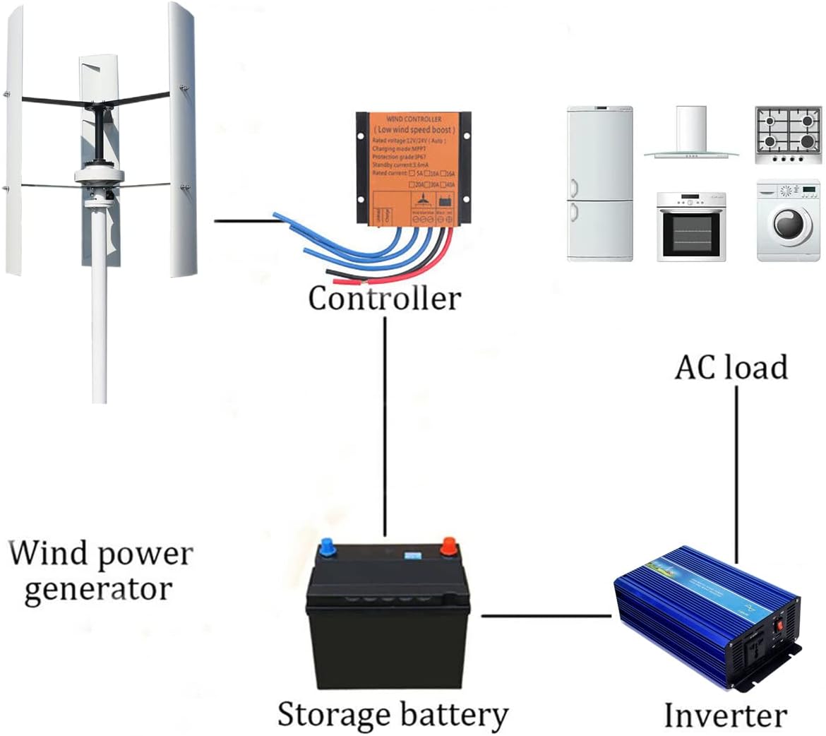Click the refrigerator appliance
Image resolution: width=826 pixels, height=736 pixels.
600,184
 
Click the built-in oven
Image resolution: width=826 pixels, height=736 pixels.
691,226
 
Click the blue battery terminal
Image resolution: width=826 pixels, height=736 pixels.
328,547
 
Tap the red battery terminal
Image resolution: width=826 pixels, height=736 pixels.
448,545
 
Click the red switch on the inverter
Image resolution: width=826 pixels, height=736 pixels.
780,624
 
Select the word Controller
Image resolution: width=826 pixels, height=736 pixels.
384,298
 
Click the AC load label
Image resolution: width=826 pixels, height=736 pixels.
731,368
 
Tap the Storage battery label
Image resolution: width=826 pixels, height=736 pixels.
393,714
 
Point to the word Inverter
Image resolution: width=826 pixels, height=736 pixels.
725,716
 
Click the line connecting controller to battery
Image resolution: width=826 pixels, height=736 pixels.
385,424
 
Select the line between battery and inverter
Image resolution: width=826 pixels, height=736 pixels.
545,616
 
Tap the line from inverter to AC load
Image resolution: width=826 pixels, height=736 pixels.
736,473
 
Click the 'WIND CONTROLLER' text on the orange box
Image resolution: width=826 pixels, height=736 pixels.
414,119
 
